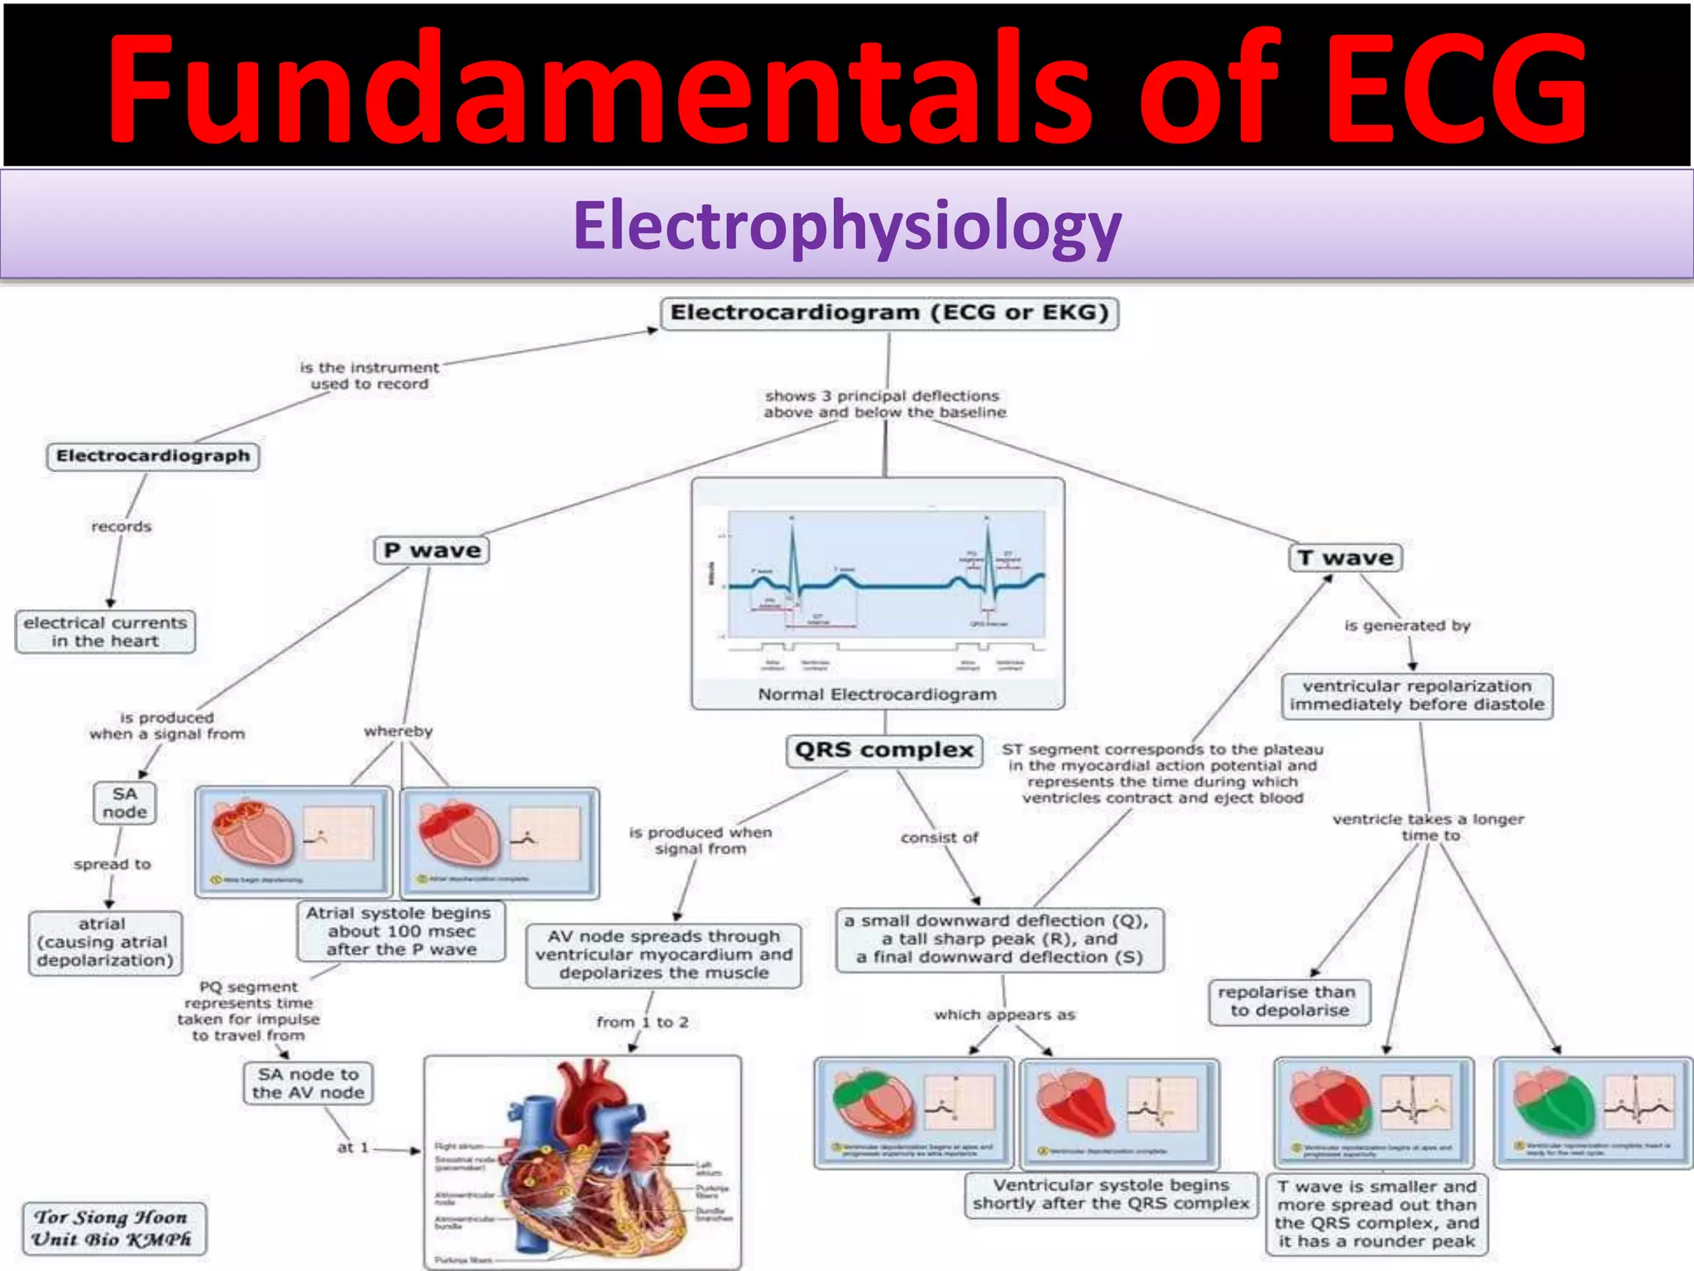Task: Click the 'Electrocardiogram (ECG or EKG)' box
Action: click(889, 314)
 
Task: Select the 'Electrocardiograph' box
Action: click(153, 456)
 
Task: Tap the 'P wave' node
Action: click(432, 551)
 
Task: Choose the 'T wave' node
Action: click(1345, 558)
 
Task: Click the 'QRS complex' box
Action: click(883, 751)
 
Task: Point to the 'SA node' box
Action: click(125, 803)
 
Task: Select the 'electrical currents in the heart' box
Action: click(106, 632)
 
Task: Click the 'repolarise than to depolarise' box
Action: click(1289, 1001)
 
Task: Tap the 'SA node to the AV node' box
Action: click(308, 1083)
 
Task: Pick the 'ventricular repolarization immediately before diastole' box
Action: click(1417, 696)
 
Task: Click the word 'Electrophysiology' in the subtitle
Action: click(847, 225)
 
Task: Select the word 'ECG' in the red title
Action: click(1456, 87)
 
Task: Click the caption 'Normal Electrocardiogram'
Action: click(877, 694)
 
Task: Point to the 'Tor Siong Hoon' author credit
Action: click(112, 1217)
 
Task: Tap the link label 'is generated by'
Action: click(1407, 626)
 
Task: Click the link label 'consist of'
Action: click(939, 837)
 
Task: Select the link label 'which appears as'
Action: click(1004, 1014)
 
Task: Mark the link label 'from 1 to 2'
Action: click(642, 1023)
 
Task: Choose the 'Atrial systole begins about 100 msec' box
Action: click(400, 931)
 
